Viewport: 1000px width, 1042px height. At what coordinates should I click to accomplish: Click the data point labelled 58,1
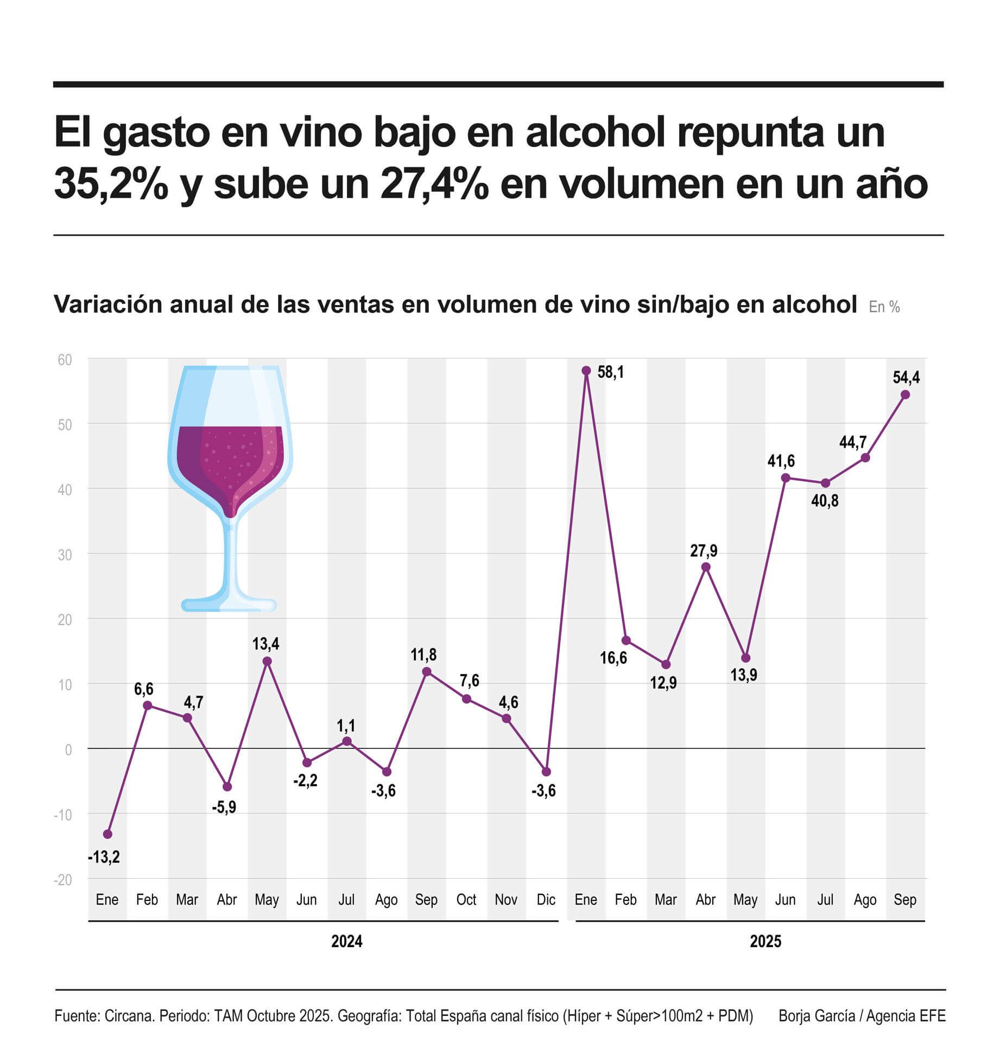pos(586,371)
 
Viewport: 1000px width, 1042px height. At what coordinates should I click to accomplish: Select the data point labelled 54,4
pos(905,395)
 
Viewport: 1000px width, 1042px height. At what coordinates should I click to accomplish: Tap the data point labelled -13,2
pos(107,834)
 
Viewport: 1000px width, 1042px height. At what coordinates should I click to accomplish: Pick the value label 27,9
pos(704,551)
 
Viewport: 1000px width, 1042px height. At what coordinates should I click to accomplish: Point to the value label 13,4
pos(265,644)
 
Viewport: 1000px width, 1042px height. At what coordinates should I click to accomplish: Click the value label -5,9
pos(224,807)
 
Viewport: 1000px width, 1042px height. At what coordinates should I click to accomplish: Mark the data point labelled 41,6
pos(785,478)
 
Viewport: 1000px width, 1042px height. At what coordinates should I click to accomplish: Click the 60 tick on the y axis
pos(65,360)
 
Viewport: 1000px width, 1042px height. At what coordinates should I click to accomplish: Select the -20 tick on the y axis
pos(63,880)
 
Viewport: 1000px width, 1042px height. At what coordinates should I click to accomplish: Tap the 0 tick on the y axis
pos(68,750)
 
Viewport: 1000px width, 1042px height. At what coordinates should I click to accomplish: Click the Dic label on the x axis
pos(546,900)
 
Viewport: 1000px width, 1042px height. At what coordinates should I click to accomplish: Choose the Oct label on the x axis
pos(466,900)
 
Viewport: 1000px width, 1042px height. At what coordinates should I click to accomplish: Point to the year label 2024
pos(346,941)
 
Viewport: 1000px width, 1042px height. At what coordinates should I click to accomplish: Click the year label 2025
pos(765,941)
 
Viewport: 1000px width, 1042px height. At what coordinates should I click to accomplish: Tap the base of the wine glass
pos(229,604)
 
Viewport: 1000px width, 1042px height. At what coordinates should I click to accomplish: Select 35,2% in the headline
pos(111,183)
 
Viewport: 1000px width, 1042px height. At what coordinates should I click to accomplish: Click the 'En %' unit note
pos(884,307)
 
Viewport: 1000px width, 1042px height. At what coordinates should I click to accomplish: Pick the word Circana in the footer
pos(129,1015)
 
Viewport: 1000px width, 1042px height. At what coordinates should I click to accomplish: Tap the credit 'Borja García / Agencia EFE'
pos(862,1015)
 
